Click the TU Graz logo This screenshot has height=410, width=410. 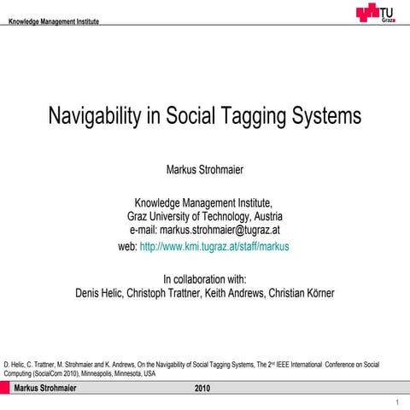(377, 12)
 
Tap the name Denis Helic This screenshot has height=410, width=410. (101, 293)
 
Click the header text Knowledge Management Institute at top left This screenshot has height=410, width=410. (51, 21)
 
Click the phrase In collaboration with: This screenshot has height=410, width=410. (204, 278)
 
